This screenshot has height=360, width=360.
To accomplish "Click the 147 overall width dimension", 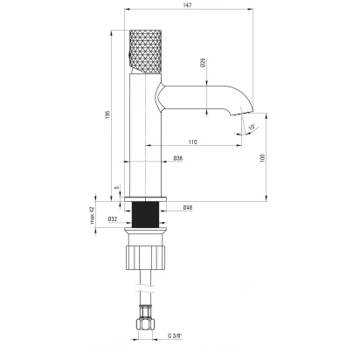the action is [188, 5].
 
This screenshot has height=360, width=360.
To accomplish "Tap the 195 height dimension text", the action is [107, 115].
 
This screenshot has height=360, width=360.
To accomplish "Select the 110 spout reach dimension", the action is [192, 142].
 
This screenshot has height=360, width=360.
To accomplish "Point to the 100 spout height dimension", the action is [263, 157].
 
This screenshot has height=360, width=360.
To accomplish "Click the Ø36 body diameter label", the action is [178, 158].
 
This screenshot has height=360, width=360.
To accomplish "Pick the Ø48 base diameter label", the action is [188, 208].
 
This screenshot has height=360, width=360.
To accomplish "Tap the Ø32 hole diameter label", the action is [113, 218].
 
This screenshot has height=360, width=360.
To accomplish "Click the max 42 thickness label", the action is [93, 215].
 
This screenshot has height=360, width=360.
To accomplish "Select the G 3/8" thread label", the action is [175, 336].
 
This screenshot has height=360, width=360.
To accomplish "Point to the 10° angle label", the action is [252, 127].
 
